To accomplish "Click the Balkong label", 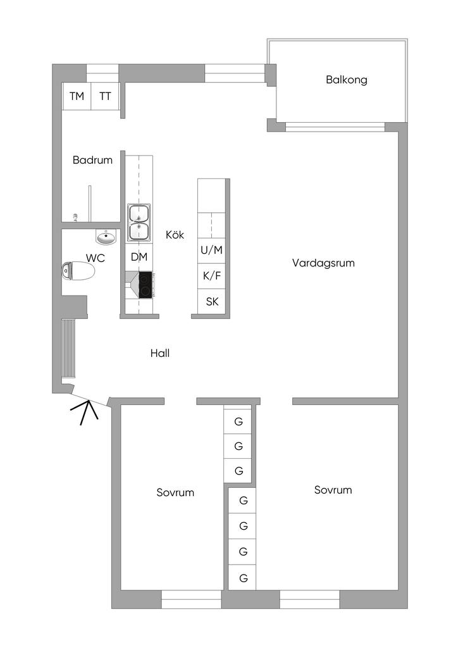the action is (x=346, y=80).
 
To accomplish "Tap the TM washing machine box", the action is (x=77, y=97).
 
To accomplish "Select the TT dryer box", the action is (x=105, y=97).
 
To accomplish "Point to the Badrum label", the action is (x=92, y=160).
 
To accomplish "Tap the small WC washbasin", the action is (x=106, y=238).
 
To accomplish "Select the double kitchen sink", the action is (x=139, y=223).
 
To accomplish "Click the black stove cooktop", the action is (x=145, y=284).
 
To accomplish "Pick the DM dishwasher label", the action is (x=139, y=258).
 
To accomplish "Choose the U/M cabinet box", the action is (x=212, y=250).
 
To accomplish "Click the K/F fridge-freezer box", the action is (x=212, y=276).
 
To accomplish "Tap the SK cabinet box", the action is (x=212, y=301).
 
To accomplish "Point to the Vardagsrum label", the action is (x=323, y=263).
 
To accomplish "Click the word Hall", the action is (x=160, y=353).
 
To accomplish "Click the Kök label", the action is (x=175, y=235).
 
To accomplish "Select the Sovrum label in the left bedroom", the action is (x=175, y=492).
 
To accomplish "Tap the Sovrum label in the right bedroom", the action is (x=333, y=490).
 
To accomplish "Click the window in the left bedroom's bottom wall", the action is (x=191, y=599).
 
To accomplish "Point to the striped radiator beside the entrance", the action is (x=68, y=349).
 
